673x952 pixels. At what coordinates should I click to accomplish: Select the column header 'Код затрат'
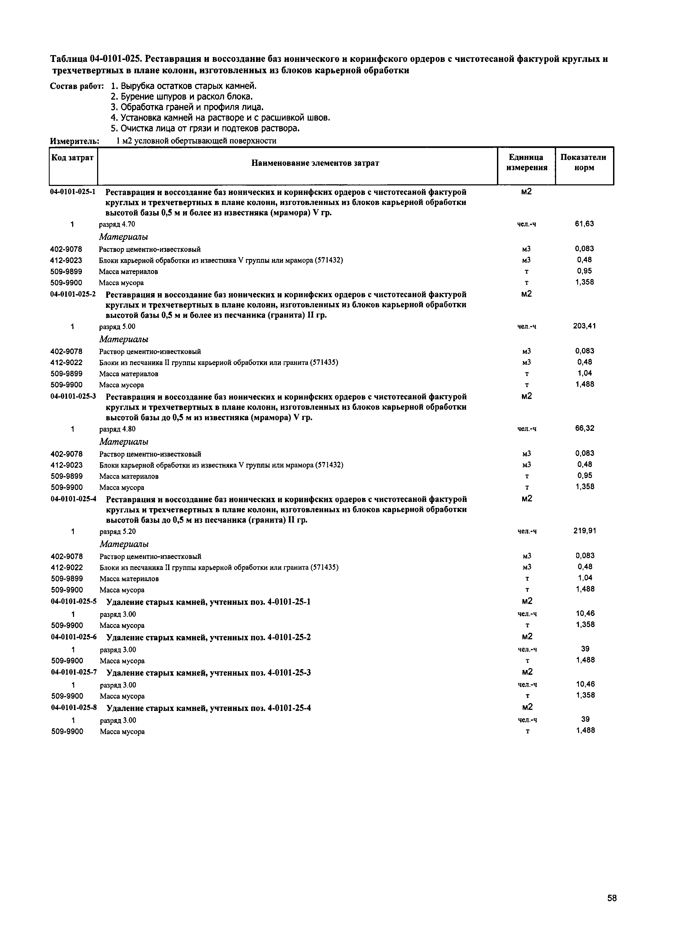pos(72,158)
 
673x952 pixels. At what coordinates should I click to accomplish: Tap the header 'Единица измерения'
pos(526,163)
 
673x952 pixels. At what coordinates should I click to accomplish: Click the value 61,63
pos(584,224)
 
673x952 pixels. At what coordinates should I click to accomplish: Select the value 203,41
pos(584,326)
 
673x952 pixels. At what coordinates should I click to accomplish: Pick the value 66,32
pos(584,428)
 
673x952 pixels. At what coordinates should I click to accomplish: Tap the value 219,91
pos(584,531)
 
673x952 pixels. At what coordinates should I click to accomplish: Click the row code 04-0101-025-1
pos(73,192)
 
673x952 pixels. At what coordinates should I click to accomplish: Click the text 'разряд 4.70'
pos(117,224)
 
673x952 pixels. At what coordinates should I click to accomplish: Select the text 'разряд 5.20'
pos(118,532)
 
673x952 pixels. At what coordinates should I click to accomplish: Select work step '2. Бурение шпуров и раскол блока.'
pos(181,97)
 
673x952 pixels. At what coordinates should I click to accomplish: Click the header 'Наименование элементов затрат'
pos(315,163)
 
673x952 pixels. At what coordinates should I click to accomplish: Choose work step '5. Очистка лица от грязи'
pos(205,129)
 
